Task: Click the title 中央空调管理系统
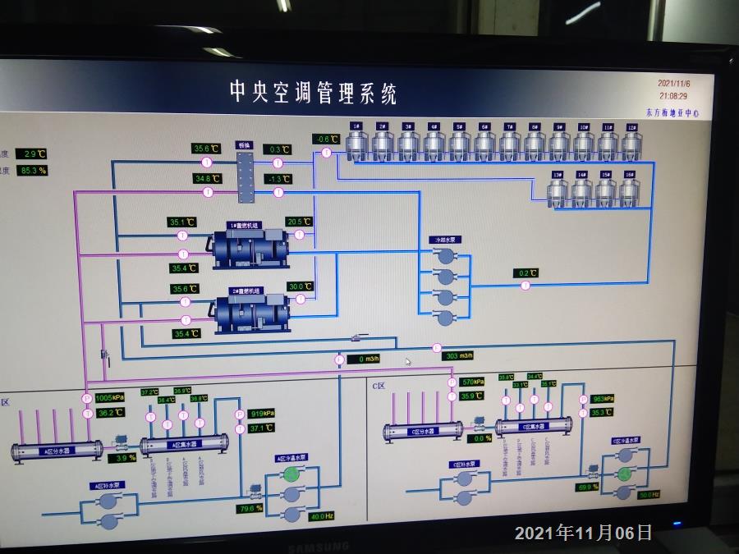313,92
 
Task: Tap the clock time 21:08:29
673,96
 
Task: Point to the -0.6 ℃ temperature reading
326,139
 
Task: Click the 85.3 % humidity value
33,170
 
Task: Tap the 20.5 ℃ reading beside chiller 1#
299,222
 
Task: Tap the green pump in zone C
626,474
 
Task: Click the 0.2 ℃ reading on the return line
527,272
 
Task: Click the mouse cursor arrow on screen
408,360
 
